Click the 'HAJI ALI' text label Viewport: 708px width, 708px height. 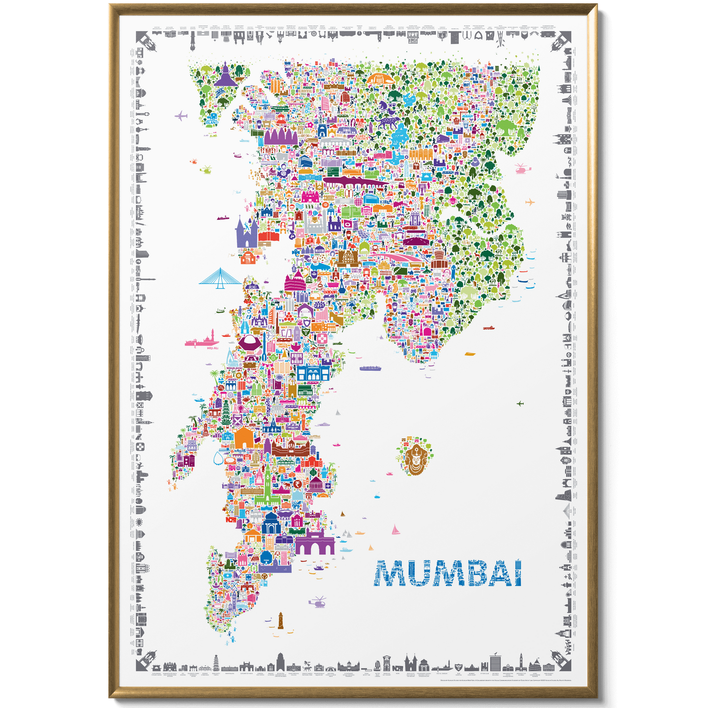point(212,348)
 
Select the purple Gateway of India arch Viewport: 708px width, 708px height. point(315,542)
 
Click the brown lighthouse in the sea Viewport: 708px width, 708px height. point(280,621)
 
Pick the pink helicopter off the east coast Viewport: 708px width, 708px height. point(520,169)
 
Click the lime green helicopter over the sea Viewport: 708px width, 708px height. point(206,169)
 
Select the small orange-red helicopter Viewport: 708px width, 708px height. point(193,161)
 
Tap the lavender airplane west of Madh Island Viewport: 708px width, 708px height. point(181,116)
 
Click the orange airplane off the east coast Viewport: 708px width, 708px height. point(530,202)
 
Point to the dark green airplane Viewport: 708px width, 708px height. point(520,403)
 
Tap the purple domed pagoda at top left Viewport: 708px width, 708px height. point(226,76)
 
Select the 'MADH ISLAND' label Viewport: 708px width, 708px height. point(212,122)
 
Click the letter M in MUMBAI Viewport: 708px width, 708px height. point(391,573)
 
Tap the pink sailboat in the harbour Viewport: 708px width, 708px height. point(395,530)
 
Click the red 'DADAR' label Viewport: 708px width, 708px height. point(330,292)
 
